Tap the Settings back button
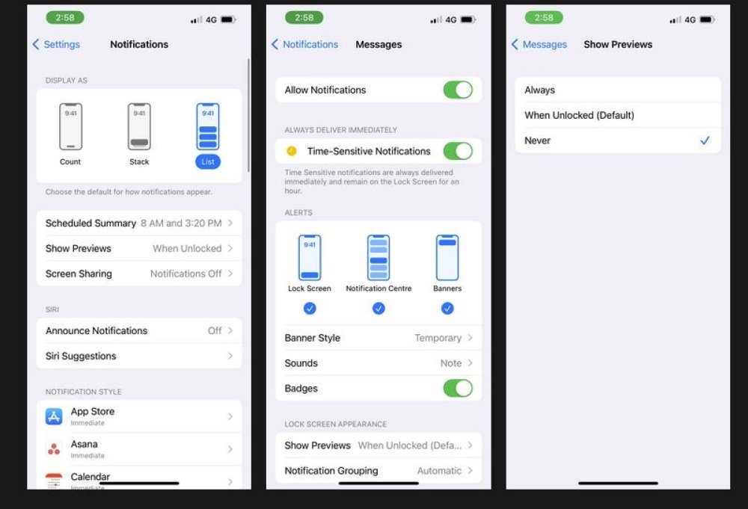(56, 44)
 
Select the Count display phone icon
(70, 126)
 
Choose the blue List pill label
(208, 161)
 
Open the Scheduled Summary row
(139, 223)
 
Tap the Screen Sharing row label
(79, 274)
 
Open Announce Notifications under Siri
(139, 331)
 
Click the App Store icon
(54, 416)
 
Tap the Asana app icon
(54, 449)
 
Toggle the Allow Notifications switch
(458, 90)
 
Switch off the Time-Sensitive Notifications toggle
(458, 151)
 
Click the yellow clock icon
(292, 151)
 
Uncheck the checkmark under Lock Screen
(310, 309)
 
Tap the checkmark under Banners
(447, 309)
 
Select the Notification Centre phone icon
(378, 257)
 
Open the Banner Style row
(378, 338)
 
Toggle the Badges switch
(458, 389)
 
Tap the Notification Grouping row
(378, 471)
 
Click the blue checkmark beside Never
(705, 141)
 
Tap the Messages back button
(539, 44)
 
